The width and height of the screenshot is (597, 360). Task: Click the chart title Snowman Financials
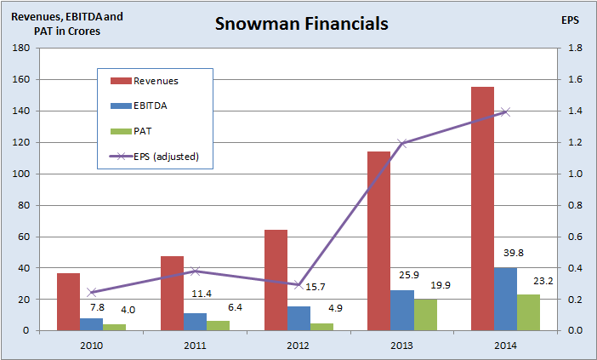[x=302, y=24]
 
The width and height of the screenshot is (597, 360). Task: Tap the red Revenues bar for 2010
[x=68, y=301]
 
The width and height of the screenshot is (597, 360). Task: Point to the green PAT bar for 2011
[x=218, y=325]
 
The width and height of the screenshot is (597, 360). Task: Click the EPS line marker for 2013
[x=402, y=143]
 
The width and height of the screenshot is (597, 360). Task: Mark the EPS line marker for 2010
[x=91, y=292]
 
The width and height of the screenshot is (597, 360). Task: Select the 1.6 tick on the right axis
[x=574, y=80]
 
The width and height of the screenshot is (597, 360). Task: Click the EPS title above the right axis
[x=571, y=19]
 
